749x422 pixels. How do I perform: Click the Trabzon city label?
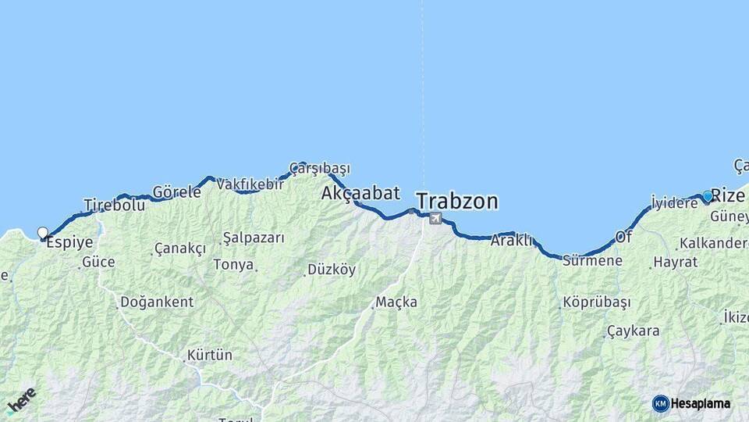pos(456,201)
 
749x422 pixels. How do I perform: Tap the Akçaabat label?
pos(360,193)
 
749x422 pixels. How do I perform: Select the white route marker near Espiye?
pos(43,232)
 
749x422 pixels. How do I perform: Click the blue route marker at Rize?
pos(708,195)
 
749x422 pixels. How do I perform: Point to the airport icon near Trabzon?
pos(435,218)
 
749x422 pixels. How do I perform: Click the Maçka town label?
pos(396,302)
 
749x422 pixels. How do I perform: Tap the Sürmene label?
pos(593,260)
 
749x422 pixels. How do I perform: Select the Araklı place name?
pos(511,241)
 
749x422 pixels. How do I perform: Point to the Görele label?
pos(177,191)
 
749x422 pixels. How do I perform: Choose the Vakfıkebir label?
pos(250,184)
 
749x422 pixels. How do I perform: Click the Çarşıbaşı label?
pos(320,168)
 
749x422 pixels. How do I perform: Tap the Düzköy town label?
pos(332,270)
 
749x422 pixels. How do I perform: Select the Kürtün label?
pos(209,355)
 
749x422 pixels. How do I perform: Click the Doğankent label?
pos(156,302)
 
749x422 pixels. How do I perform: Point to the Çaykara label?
pos(633,331)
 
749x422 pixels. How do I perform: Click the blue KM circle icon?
pos(661,403)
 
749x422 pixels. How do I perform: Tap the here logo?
pos(21,399)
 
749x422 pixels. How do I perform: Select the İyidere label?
pos(675,203)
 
